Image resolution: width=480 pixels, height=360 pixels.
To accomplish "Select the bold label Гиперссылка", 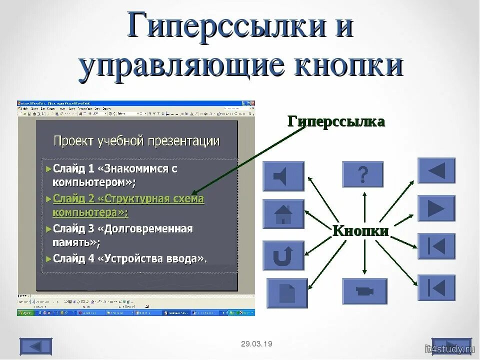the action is pos(336,121).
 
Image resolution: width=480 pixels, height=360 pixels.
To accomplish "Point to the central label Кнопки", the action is pos(360,230).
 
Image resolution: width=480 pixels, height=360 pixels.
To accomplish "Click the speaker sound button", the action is pos(283,176).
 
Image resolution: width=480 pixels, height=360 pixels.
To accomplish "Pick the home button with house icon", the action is pos(283,214).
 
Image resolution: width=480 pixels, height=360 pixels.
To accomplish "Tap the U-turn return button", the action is pos(283,255).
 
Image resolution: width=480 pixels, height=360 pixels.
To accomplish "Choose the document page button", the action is pos(287,293).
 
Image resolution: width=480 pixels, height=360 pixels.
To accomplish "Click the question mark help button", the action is pos(362,174).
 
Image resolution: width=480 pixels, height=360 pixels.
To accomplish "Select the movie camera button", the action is pos(364,291).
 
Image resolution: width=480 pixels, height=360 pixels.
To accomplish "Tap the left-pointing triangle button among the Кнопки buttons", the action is pos(436,170).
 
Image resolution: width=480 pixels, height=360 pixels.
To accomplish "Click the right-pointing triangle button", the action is pos(436,208).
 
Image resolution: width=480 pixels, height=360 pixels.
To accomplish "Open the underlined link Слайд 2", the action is pos(128,199).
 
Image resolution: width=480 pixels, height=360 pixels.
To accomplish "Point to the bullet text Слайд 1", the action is pos(115,168).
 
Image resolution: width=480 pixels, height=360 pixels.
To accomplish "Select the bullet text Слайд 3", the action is pos(122,229).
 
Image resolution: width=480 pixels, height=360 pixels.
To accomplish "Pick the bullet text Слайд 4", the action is pos(129,258).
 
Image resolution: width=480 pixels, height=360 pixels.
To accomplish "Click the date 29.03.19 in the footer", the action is pos(256,344).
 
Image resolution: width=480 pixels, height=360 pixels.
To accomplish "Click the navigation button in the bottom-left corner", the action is pos(36,346).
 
